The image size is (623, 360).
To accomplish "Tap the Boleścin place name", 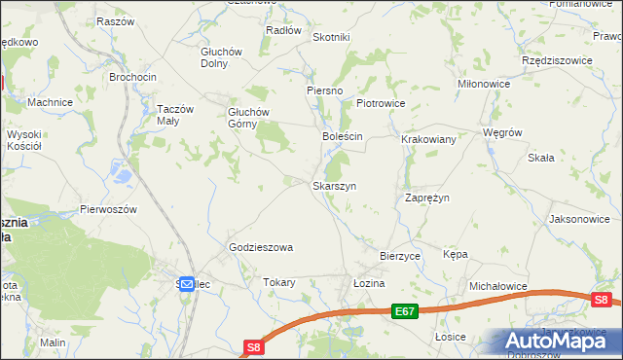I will click(x=343, y=137).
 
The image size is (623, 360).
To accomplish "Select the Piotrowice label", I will click(x=380, y=103).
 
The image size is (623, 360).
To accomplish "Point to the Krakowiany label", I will click(x=429, y=140).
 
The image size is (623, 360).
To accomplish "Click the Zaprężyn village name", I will click(x=426, y=198).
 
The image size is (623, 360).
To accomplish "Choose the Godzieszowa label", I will click(x=261, y=247).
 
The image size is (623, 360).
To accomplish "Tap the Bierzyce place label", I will click(x=399, y=256).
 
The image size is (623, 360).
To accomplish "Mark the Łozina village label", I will click(x=370, y=282).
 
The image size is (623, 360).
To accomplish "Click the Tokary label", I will click(x=279, y=282).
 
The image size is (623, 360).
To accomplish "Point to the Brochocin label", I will click(x=133, y=77).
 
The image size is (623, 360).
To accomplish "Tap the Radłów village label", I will click(x=283, y=30).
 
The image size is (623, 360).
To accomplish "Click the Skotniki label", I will click(x=331, y=37).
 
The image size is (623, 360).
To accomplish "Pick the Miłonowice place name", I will click(x=484, y=85).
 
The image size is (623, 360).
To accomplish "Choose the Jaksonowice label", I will click(x=579, y=220).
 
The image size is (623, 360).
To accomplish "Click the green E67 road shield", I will click(x=406, y=311).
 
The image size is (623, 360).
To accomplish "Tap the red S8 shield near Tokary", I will click(x=254, y=346).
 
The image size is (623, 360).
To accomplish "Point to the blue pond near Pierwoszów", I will click(x=124, y=176).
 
